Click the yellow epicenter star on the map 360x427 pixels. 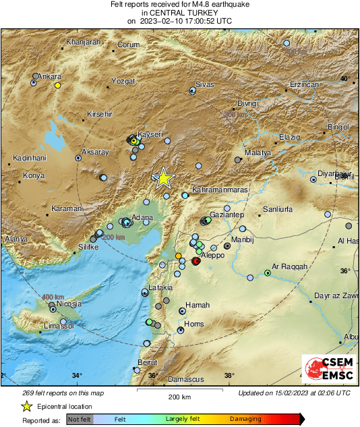[x=163, y=178]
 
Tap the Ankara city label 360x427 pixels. [x=49, y=76]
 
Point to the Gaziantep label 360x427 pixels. [x=227, y=214]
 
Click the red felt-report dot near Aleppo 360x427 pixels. [x=196, y=260]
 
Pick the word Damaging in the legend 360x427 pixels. [x=246, y=419]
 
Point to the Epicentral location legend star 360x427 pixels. [x=26, y=406]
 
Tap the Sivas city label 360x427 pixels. [x=204, y=85]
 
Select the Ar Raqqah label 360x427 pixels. [x=289, y=266]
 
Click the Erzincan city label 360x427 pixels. [x=303, y=84]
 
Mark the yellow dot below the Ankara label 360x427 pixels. [x=58, y=86]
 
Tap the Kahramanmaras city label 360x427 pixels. [x=220, y=191]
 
